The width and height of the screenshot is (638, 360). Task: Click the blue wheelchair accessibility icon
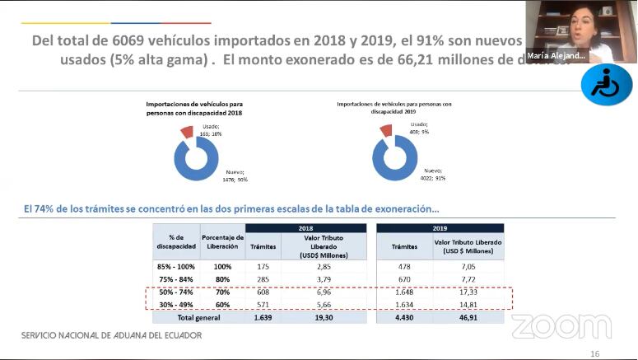pos(606,84)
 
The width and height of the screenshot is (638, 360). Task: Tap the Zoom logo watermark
pos(561,326)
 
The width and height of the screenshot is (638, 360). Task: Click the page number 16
pos(595,353)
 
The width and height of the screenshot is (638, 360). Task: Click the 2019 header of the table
pos(440,228)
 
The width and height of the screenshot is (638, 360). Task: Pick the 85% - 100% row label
pos(177,267)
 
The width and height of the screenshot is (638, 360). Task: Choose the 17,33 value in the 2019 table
pos(468,292)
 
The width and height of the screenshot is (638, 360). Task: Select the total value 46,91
pos(468,316)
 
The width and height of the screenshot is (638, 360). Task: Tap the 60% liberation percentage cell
pos(222,304)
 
